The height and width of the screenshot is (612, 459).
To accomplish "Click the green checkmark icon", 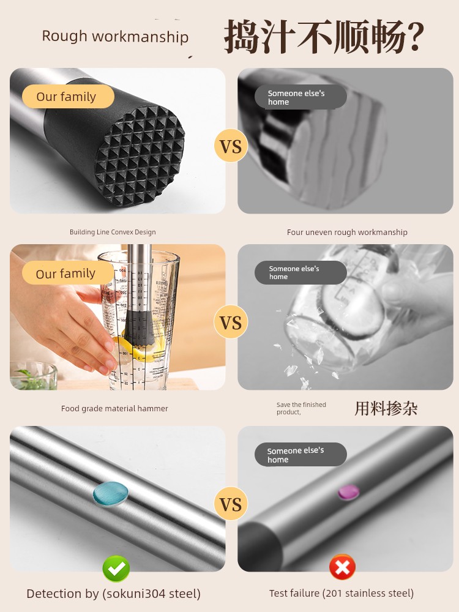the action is pos(116,569).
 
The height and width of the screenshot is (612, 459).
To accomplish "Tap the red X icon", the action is pos(342,567).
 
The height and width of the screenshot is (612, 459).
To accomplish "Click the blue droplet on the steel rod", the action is pos(111,494).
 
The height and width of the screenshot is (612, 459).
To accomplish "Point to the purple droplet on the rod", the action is pos(349,492).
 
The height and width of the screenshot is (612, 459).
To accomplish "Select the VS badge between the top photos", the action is pos(231,146).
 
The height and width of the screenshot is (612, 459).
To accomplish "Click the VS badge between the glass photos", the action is pos(231,322).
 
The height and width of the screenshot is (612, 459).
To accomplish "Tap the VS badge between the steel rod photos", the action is pos(231,504).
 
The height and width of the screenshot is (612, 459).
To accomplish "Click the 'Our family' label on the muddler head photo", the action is pos(68,97).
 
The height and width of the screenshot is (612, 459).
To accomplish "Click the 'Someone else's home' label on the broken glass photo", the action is pos(300,272).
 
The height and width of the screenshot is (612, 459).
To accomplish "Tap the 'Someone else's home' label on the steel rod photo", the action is pos(300,454).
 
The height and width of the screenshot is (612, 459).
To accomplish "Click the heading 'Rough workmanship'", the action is pos(115,36).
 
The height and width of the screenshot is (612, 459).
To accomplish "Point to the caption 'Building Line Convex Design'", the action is pos(113,232).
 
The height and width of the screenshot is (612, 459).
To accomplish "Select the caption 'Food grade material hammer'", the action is pos(114,408).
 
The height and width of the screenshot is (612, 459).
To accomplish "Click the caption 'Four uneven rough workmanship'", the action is pos(347,232).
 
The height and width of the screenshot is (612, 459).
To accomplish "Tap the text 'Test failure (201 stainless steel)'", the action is pos(341,593).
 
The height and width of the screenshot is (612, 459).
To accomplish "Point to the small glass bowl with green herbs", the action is pos(33,376).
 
